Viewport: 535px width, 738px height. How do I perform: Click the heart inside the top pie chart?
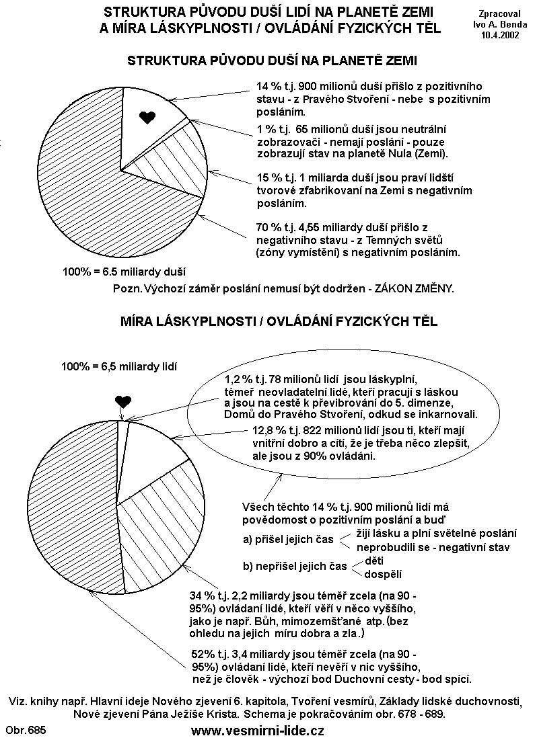tap(146, 118)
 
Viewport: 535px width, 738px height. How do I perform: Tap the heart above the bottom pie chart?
tap(122, 401)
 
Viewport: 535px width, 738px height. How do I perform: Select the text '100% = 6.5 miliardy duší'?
tap(123, 272)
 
